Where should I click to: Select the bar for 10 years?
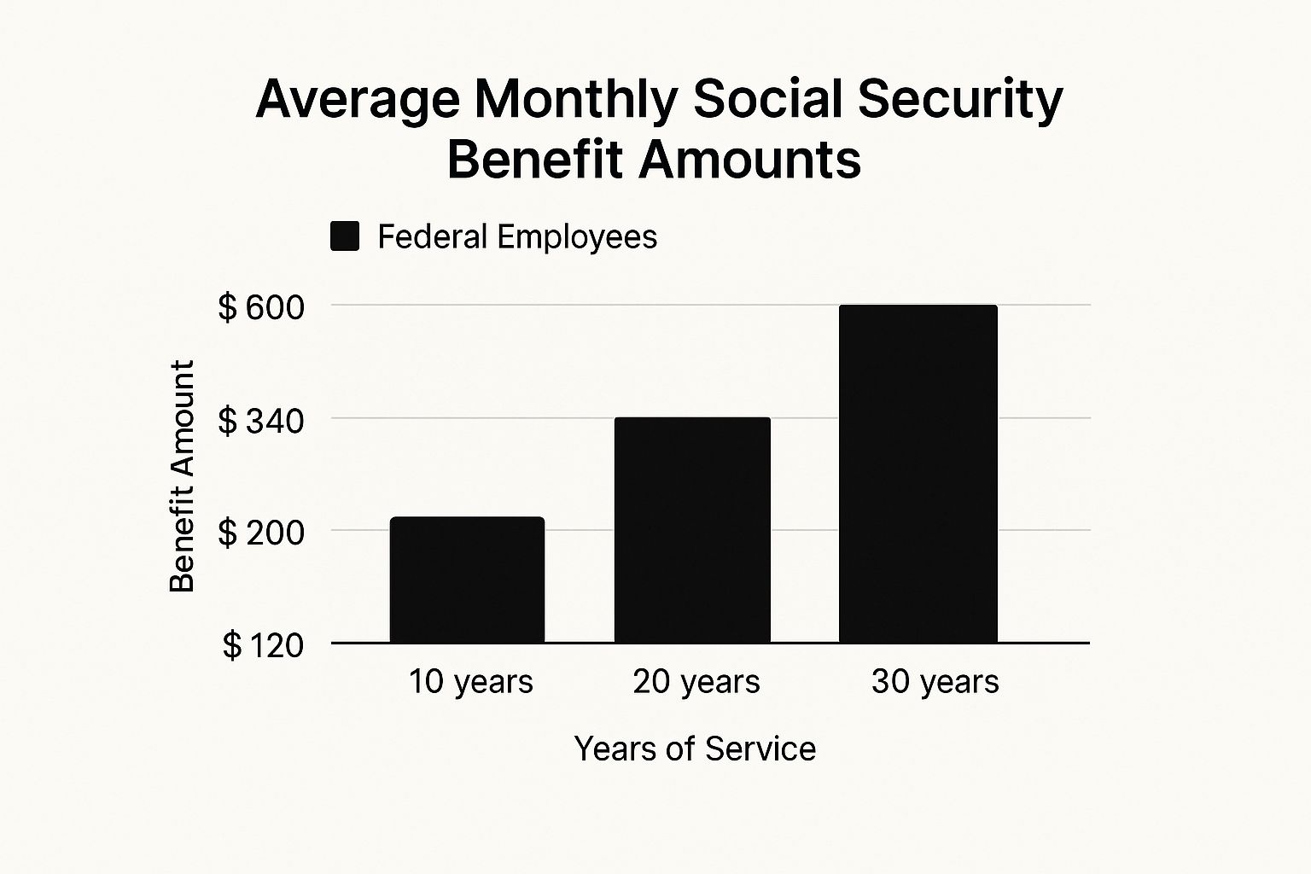(467, 580)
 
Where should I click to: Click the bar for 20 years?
(692, 529)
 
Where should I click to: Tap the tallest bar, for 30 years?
(918, 474)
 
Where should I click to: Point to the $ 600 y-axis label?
(261, 307)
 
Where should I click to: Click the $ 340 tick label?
(261, 421)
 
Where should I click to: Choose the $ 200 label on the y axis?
(261, 533)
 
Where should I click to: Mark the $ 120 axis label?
(263, 645)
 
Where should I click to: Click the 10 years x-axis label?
(470, 682)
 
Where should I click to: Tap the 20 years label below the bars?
(696, 682)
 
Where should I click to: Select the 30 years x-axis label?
(935, 682)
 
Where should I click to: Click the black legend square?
(345, 236)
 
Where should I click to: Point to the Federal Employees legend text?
(517, 236)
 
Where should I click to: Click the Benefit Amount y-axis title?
(182, 476)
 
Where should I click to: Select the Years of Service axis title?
(695, 749)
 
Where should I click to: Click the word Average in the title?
(357, 100)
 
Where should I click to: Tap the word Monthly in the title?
(577, 100)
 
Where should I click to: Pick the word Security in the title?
(960, 100)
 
